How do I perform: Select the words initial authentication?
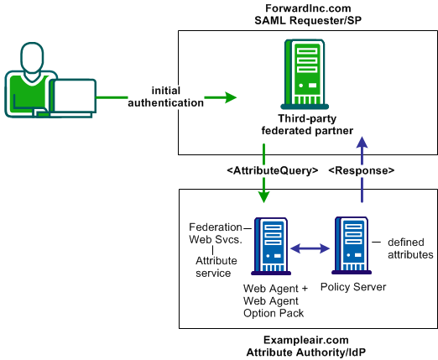(x=165, y=97)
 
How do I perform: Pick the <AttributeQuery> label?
(x=273, y=171)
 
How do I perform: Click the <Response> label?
(x=360, y=171)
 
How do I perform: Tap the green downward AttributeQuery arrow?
(x=264, y=188)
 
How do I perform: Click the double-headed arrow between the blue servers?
(x=310, y=248)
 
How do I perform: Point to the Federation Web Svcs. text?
(x=214, y=235)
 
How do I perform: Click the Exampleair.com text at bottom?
(x=306, y=339)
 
